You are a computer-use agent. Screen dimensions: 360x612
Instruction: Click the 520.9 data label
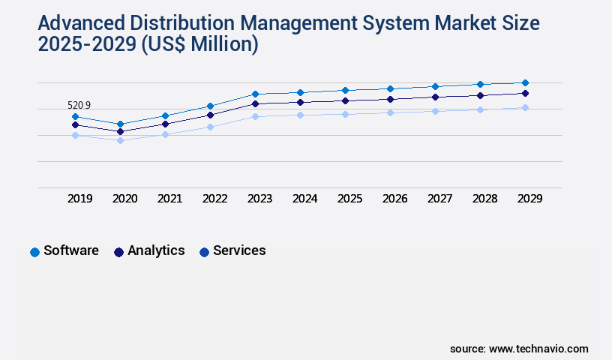(79, 106)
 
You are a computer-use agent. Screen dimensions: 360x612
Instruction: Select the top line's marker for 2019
(75, 116)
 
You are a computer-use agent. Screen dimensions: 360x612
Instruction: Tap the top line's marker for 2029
(525, 82)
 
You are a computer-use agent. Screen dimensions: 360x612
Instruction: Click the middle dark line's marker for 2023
(255, 103)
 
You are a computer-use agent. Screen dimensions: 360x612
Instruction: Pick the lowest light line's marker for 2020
(120, 140)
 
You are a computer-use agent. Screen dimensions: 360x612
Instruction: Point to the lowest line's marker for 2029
(525, 108)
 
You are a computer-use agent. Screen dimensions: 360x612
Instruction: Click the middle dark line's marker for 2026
(390, 99)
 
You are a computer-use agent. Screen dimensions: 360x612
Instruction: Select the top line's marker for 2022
(210, 106)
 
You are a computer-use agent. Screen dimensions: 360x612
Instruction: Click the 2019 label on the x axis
(79, 199)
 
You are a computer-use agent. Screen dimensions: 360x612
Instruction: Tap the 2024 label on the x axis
(304, 199)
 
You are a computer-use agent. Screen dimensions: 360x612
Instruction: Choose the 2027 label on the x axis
(439, 199)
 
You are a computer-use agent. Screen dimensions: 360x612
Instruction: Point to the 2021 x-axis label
(169, 199)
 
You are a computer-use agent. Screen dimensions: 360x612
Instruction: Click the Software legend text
(71, 250)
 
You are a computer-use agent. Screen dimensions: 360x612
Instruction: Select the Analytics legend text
(156, 250)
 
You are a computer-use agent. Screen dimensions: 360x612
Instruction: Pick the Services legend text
(239, 250)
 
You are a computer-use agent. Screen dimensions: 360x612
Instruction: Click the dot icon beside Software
(34, 252)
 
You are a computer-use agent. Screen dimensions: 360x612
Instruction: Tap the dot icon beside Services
(204, 252)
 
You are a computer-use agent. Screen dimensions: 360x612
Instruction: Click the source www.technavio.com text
(519, 349)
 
